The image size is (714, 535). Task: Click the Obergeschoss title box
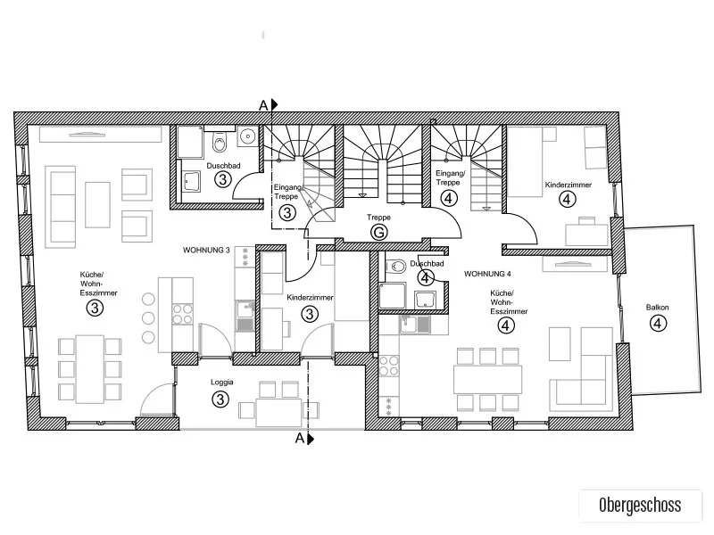640,505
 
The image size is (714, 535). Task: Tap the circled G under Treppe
378,233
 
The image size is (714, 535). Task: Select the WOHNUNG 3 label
206,251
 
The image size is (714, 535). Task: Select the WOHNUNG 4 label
487,274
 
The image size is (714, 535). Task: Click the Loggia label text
221,383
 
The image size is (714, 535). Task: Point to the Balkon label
657,308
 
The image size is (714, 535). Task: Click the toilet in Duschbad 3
220,143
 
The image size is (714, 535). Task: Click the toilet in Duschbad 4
395,266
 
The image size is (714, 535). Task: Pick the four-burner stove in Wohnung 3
182,315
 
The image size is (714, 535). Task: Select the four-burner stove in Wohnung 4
389,366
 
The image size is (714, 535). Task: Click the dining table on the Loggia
278,412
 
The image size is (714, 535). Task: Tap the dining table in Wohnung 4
487,380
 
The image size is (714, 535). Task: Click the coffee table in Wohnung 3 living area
97,204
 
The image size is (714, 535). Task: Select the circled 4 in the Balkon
657,324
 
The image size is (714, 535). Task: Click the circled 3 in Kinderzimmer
310,314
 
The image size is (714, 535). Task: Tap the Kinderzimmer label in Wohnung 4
569,185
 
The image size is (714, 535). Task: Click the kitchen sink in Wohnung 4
414,325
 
